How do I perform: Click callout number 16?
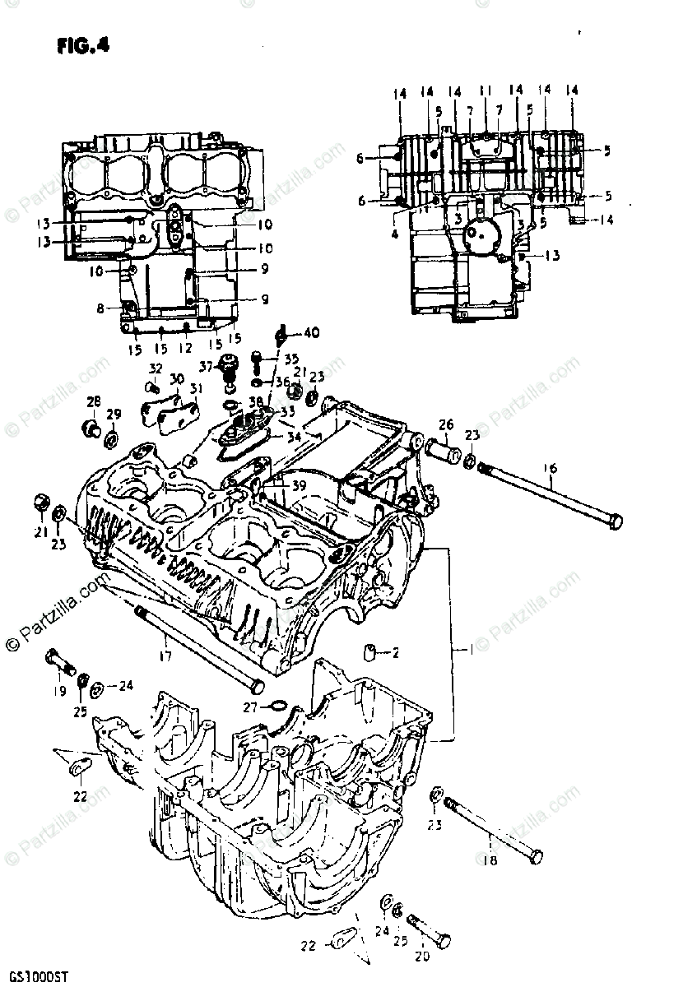(550, 468)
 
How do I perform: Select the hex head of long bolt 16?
(614, 521)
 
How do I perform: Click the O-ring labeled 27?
(278, 705)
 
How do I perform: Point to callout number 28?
(94, 401)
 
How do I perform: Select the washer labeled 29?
(110, 433)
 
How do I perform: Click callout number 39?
(298, 486)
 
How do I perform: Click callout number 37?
(204, 365)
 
